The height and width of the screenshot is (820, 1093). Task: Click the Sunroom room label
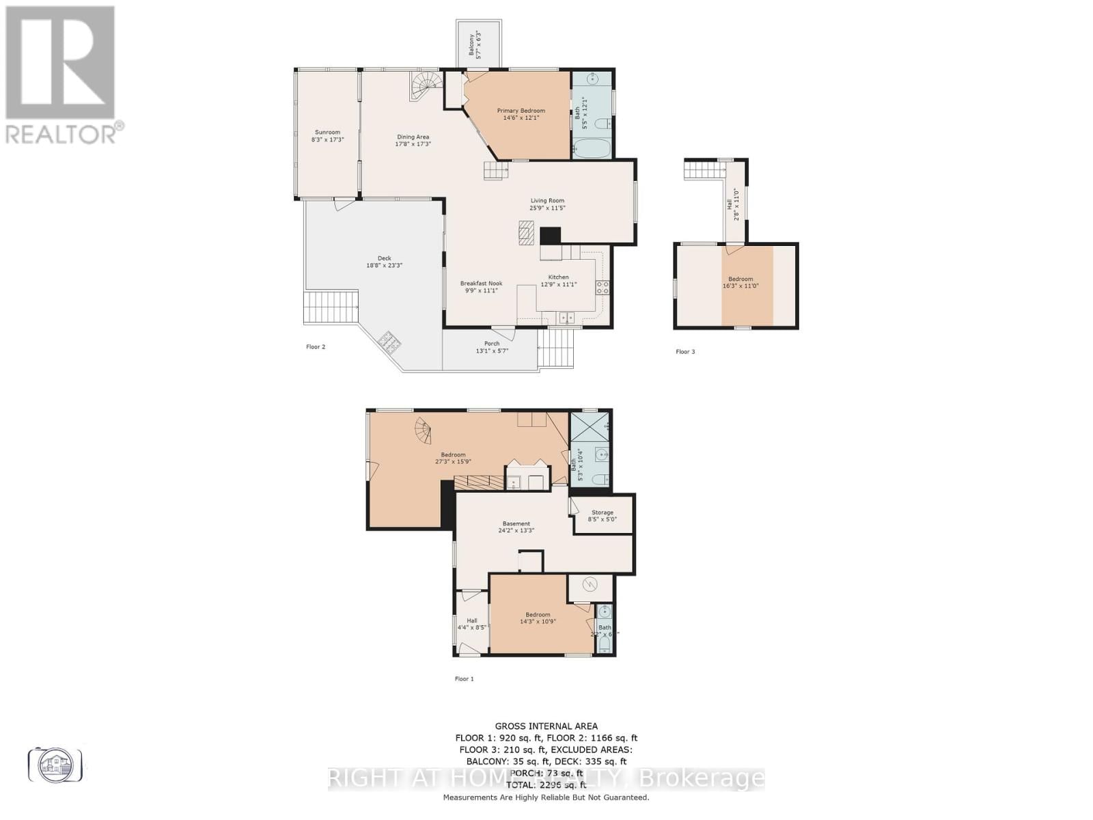327,133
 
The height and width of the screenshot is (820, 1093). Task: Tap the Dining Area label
413,137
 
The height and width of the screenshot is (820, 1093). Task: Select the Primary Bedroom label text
521,111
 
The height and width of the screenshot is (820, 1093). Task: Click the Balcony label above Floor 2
471,44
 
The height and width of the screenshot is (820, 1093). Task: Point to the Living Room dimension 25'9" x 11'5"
547,208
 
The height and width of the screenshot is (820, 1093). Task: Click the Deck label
384,258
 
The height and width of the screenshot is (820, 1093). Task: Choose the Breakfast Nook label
481,283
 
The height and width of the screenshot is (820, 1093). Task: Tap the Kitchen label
558,277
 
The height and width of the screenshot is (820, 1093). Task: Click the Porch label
492,343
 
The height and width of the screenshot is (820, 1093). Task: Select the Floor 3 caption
685,352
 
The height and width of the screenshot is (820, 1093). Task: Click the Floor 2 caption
316,347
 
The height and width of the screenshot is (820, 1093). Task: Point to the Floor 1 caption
464,679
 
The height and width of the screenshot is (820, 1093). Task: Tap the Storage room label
602,512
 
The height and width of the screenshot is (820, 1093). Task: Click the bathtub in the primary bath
592,148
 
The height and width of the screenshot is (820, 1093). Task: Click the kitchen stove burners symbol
603,288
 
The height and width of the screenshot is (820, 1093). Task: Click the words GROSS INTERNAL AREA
546,726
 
